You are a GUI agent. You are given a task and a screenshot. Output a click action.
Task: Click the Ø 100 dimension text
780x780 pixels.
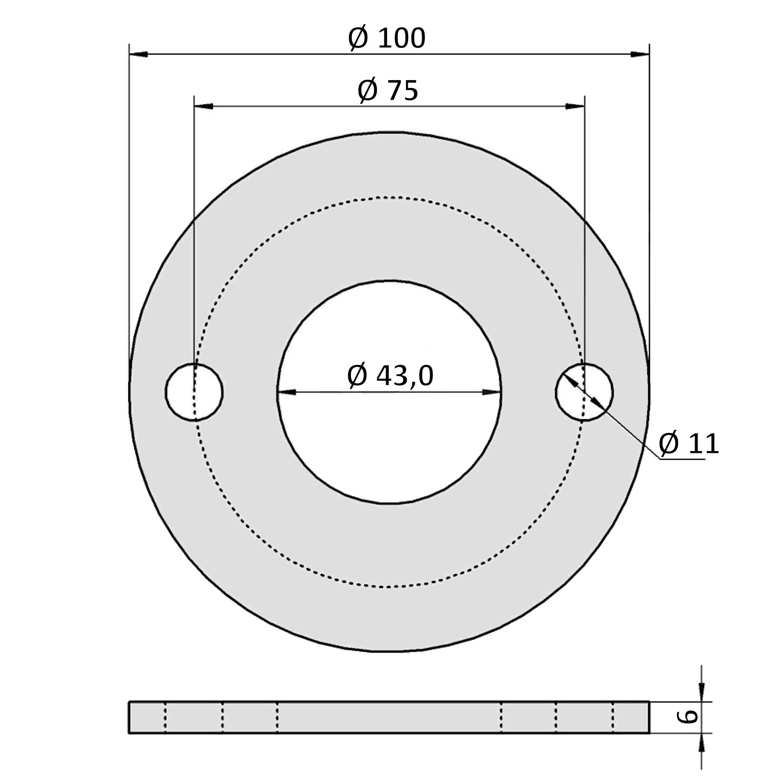click(387, 39)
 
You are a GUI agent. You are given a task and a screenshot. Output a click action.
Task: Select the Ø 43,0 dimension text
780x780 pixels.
click(390, 375)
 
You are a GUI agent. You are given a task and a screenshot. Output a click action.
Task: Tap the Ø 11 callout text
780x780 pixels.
click(689, 444)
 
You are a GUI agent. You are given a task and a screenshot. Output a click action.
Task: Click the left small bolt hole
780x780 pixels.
click(194, 392)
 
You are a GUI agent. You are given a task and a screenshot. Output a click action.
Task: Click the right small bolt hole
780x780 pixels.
click(584, 392)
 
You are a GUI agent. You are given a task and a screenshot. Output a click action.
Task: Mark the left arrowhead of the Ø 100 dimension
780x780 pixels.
click(139, 54)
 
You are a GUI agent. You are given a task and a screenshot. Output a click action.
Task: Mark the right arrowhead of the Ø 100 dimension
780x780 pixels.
click(640, 54)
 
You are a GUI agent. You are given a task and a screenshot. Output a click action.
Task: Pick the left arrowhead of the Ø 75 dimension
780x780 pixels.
click(204, 106)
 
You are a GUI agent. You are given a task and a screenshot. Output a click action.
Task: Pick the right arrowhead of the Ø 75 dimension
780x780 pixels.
click(575, 106)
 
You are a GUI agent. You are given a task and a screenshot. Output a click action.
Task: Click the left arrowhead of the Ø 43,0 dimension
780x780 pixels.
click(286, 392)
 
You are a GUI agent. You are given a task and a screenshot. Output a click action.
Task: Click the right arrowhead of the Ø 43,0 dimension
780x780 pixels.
click(491, 392)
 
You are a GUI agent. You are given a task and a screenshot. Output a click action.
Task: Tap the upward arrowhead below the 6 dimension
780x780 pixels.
click(702, 741)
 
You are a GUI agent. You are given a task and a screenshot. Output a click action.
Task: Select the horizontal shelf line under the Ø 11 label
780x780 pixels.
click(682, 459)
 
